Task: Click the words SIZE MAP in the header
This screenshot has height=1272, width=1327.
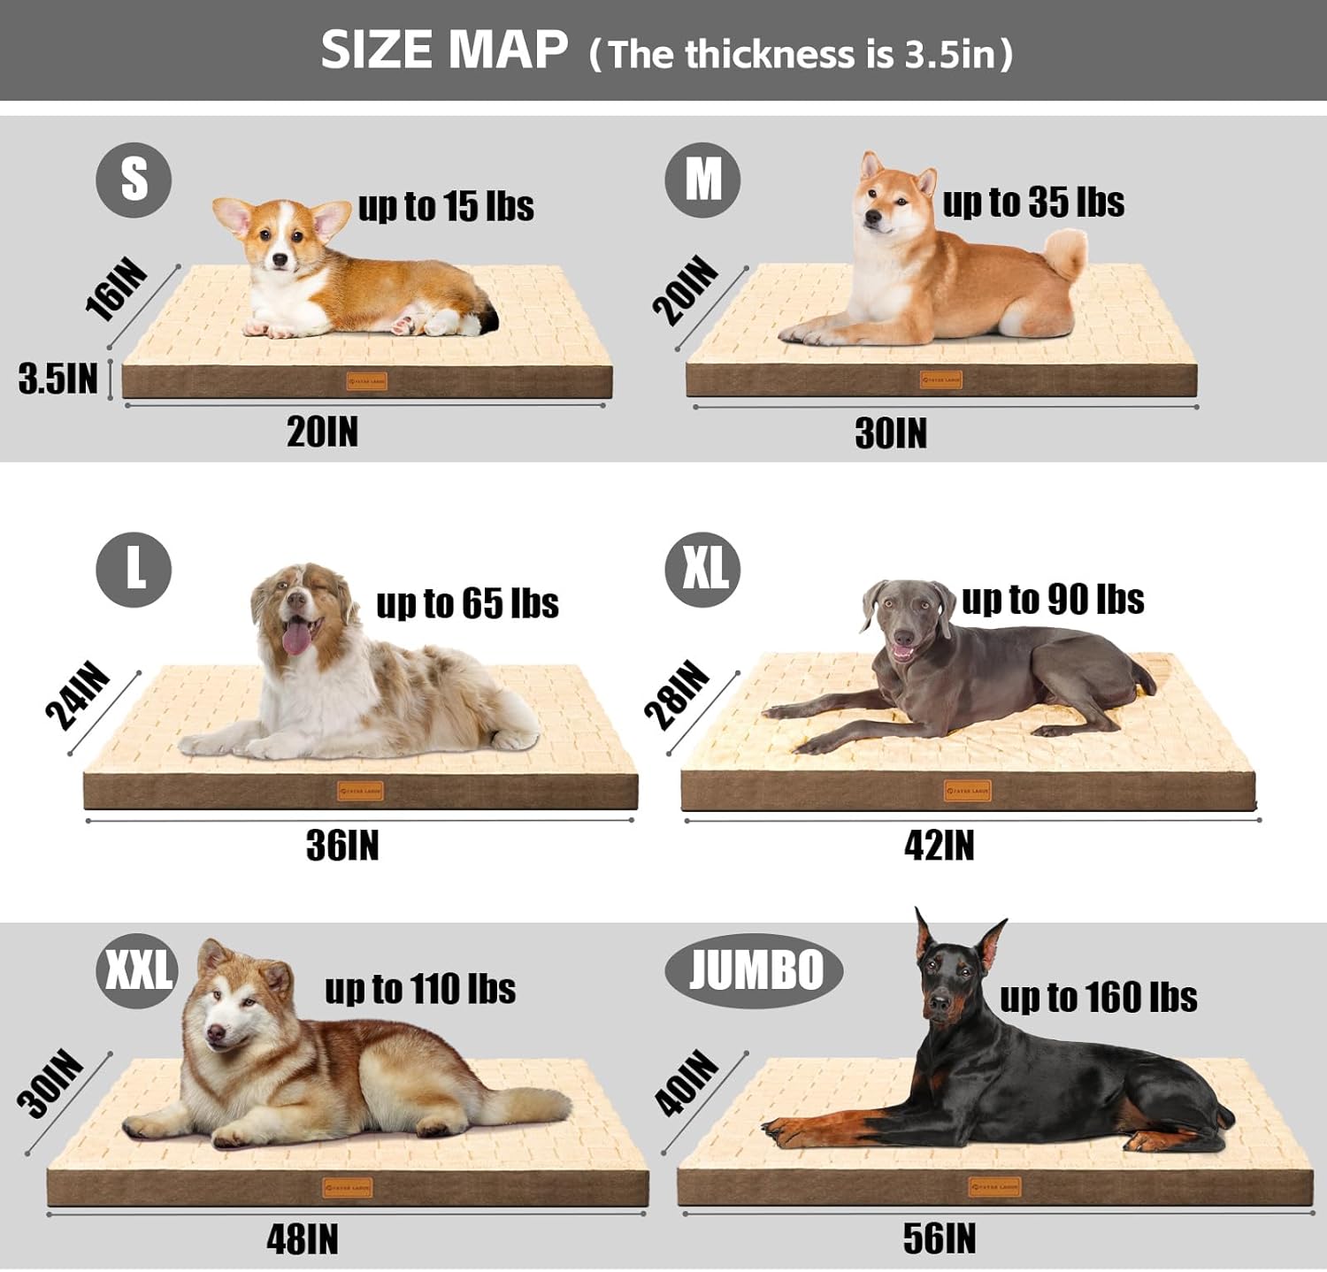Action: [x=444, y=50]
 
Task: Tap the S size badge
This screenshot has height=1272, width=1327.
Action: [x=134, y=180]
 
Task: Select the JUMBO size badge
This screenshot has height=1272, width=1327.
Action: [x=754, y=970]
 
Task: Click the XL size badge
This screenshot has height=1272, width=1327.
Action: [x=703, y=569]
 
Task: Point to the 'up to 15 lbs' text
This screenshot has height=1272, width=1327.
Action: [x=446, y=206]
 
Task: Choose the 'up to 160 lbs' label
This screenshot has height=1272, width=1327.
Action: [x=1098, y=997]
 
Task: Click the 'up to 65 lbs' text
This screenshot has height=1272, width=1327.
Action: [x=467, y=603]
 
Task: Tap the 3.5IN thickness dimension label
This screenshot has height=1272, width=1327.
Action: [x=58, y=379]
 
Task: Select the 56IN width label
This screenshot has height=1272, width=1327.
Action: [x=939, y=1238]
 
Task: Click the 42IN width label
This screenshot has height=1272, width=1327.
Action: [x=939, y=846]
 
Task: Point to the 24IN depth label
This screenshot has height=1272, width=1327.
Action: [x=78, y=696]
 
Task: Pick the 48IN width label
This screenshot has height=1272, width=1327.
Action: [x=303, y=1240]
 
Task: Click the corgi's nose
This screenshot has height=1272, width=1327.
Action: [x=280, y=260]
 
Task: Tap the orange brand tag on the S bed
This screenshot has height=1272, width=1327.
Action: [x=366, y=382]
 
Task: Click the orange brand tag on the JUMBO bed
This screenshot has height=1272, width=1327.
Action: [x=994, y=1186]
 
